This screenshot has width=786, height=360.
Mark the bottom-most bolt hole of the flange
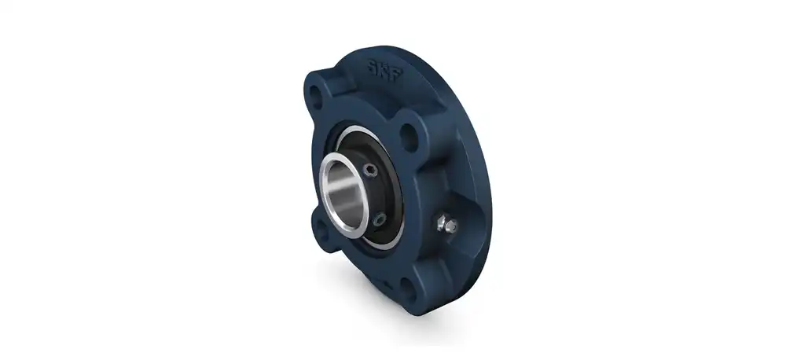click(x=407, y=287)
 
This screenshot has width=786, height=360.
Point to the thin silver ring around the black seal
click(x=395, y=236)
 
